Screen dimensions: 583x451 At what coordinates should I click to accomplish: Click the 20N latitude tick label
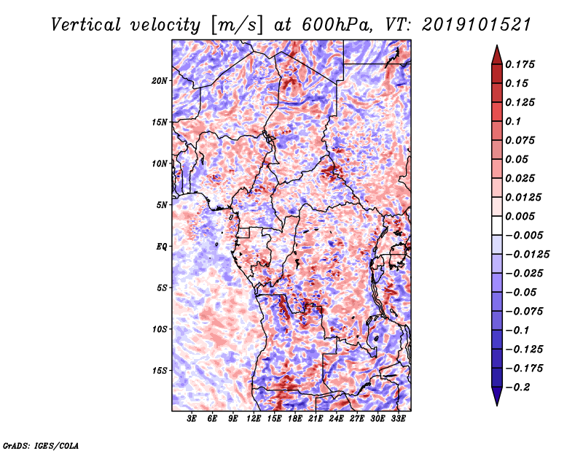click(x=160, y=81)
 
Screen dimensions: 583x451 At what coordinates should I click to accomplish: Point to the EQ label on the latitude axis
click(x=161, y=247)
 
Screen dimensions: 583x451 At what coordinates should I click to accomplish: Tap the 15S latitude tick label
click(x=160, y=371)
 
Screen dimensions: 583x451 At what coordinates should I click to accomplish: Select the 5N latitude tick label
click(x=162, y=205)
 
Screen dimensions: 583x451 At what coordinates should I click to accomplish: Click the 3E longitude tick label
click(x=192, y=419)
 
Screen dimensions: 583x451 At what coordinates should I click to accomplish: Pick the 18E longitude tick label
click(x=295, y=419)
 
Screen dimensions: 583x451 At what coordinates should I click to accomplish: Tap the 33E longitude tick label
click(x=398, y=419)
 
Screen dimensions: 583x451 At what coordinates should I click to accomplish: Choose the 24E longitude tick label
click(x=336, y=419)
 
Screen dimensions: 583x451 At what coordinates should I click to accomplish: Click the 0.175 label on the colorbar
click(x=520, y=64)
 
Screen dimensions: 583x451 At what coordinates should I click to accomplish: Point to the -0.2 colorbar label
click(x=517, y=388)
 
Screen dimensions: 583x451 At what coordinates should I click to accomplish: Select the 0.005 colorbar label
click(x=520, y=216)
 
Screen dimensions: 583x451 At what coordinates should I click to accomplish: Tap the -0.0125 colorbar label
click(x=527, y=255)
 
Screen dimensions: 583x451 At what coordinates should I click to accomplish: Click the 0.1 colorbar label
click(x=513, y=121)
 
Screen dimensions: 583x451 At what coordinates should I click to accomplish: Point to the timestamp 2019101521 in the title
click(x=477, y=25)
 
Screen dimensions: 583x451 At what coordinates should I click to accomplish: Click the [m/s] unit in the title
click(x=237, y=25)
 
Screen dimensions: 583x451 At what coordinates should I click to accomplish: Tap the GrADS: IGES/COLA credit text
click(x=41, y=445)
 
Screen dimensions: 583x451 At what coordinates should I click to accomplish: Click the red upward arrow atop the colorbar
click(x=497, y=55)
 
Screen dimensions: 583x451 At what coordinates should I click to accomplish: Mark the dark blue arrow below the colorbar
click(x=497, y=396)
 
